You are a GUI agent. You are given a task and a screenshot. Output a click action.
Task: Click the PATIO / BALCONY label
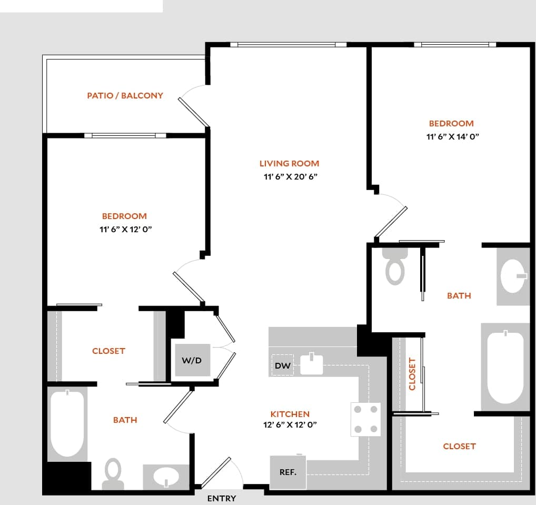(125, 96)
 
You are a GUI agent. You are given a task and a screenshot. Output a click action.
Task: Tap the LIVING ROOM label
(289, 164)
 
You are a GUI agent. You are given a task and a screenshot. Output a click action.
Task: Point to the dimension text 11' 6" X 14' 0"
(451, 136)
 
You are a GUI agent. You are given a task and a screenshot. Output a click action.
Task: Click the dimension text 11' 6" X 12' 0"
(124, 229)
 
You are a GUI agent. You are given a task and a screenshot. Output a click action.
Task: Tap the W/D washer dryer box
(191, 361)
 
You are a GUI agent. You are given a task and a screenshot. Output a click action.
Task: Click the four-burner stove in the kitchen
(365, 419)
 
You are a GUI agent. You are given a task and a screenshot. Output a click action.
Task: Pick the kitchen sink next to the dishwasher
(311, 364)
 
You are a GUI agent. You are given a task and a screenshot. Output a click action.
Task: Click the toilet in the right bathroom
(395, 266)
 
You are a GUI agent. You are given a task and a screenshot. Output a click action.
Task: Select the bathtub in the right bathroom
(505, 367)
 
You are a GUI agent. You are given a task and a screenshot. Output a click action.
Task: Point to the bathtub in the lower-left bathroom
(67, 424)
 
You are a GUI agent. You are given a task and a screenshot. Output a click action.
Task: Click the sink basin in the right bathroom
(514, 276)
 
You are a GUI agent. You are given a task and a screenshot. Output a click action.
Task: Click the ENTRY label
(221, 499)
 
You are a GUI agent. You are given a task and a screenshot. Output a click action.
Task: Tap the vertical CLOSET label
(412, 374)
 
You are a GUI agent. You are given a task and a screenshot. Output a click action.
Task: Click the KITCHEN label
(290, 414)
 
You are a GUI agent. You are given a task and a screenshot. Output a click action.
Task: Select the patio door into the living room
(194, 111)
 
